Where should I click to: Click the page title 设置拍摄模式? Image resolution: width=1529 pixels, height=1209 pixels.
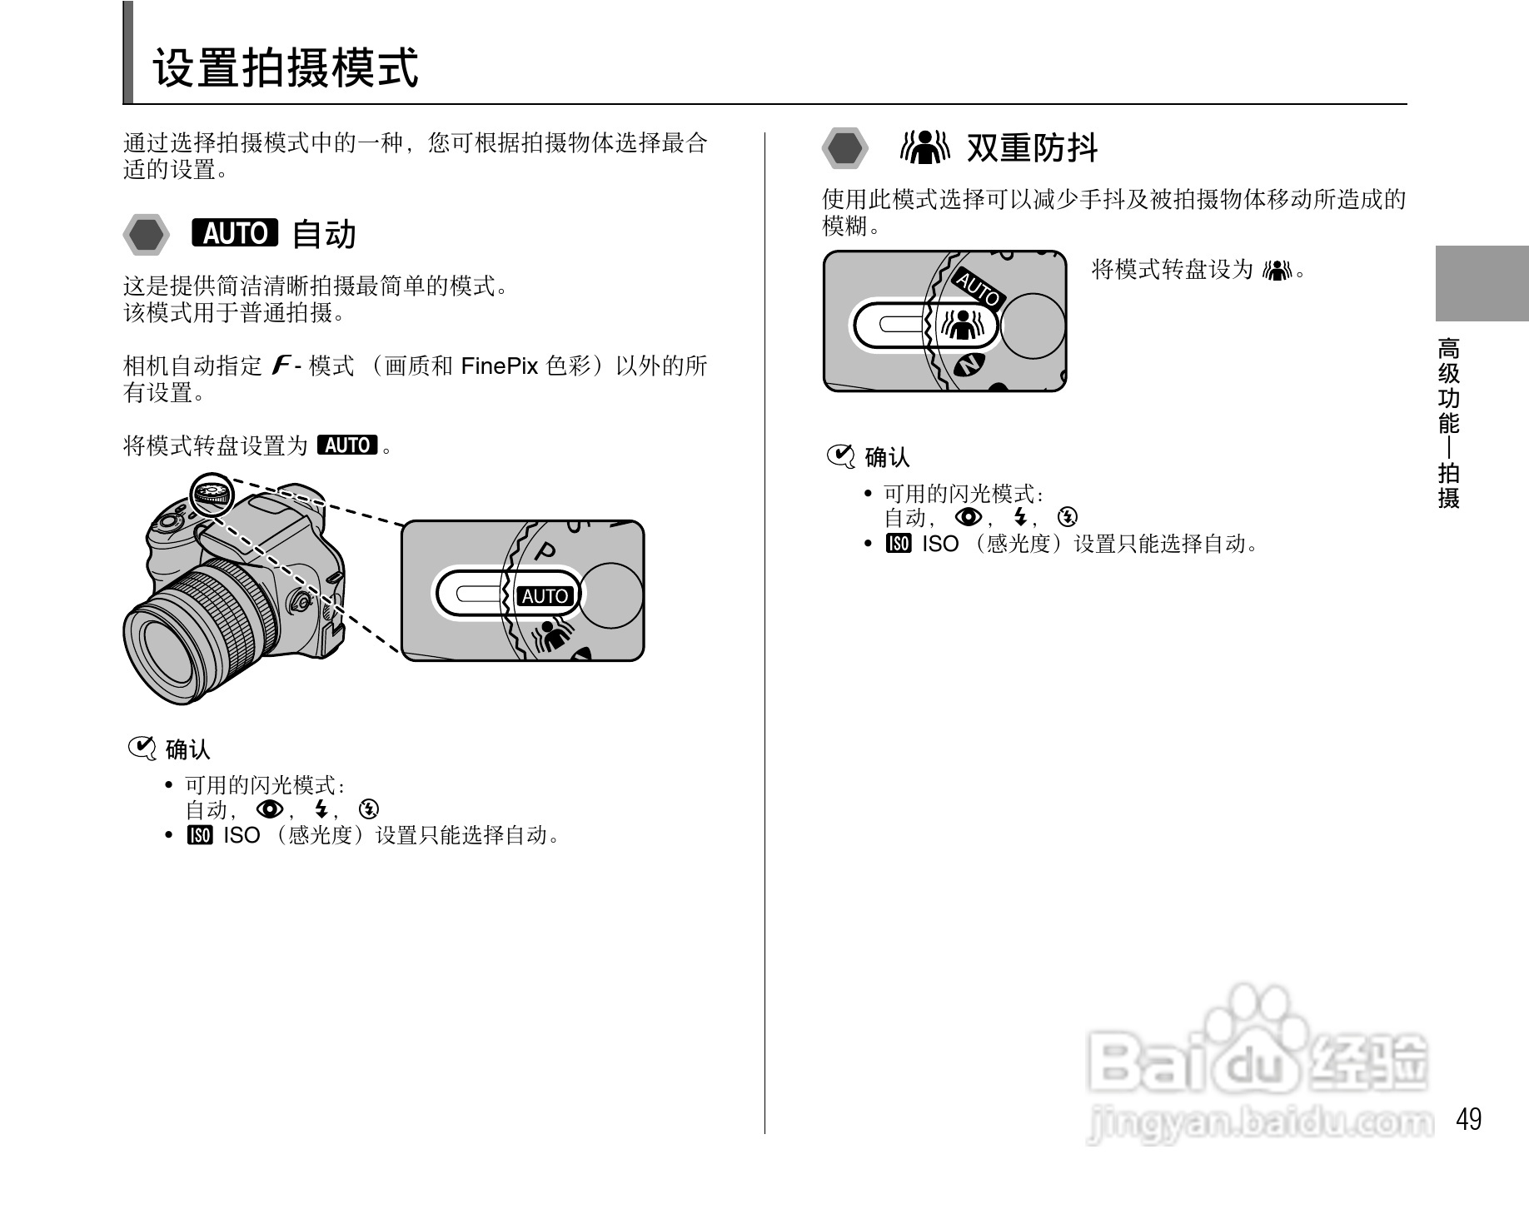click(x=286, y=68)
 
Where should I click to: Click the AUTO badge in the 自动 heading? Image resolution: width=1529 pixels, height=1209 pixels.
click(x=235, y=233)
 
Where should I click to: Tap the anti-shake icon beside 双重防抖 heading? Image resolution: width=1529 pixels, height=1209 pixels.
click(x=924, y=147)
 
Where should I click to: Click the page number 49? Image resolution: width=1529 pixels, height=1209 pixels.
click(x=1468, y=1119)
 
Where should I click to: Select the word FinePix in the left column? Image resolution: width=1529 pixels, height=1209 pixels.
click(x=500, y=366)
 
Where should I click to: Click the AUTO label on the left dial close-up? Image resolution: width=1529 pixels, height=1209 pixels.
click(x=545, y=596)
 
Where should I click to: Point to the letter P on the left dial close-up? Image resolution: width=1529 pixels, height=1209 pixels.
click(x=545, y=551)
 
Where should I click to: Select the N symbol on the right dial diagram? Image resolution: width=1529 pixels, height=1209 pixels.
click(x=969, y=364)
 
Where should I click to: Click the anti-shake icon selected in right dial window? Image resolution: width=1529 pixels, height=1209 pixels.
click(x=963, y=325)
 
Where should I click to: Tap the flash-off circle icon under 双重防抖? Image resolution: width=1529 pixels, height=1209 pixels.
click(x=1068, y=517)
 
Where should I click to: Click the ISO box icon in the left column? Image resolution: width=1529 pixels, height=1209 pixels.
click(x=200, y=835)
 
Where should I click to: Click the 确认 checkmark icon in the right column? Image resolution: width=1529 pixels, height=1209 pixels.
click(x=840, y=456)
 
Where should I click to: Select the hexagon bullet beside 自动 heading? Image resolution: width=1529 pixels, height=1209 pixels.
click(x=147, y=234)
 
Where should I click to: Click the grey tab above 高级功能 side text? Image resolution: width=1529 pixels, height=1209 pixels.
click(x=1482, y=283)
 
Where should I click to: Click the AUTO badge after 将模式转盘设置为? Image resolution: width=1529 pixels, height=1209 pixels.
click(x=347, y=445)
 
